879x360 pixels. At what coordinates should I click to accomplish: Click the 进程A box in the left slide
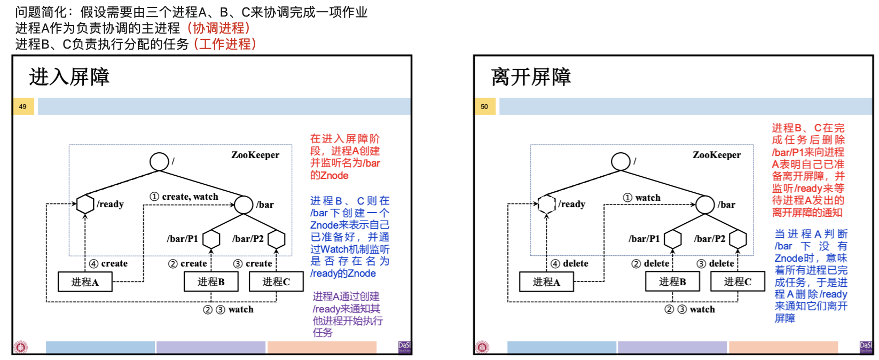85,281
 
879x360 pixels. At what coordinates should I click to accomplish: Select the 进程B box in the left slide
211,281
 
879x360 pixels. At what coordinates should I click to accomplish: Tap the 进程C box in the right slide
737,281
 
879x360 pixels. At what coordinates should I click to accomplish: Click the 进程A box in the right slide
546,281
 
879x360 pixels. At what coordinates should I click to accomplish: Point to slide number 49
23,106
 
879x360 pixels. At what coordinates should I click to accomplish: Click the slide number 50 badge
484,106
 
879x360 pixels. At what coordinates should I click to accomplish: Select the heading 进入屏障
69,77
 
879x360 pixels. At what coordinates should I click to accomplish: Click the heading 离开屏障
531,77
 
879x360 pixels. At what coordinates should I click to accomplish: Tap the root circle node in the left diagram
159,161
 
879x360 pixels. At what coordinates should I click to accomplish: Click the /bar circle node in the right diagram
705,205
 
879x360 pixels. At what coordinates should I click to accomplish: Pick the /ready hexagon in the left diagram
85,204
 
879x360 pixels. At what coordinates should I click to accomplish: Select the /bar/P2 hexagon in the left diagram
276,239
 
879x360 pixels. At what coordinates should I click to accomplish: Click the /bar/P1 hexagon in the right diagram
672,239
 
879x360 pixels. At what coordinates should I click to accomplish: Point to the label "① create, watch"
184,197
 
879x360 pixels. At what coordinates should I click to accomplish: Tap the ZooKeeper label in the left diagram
255,155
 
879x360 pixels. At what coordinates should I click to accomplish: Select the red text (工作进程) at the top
225,44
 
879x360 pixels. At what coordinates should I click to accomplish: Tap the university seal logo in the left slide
21,347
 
